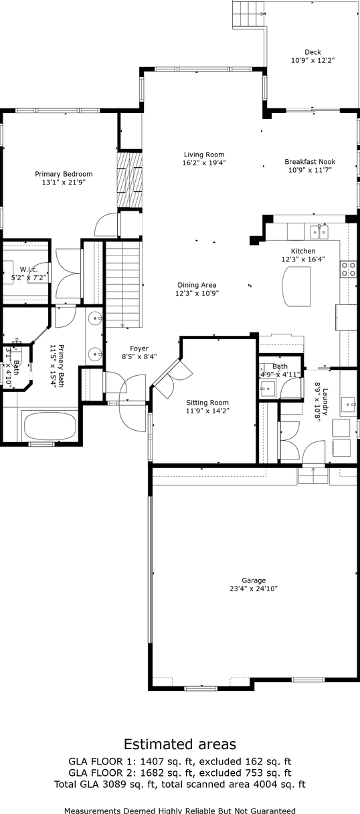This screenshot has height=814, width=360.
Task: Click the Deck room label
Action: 312,52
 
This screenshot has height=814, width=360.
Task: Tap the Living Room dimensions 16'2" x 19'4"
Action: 204,163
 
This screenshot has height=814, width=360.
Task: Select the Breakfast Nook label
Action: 310,162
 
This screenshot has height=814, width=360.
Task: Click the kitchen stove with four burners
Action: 348,269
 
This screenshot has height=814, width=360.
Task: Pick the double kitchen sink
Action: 319,232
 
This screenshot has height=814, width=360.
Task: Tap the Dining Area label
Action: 197,285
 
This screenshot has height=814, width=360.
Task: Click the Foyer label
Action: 139,348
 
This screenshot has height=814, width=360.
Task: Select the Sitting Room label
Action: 207,403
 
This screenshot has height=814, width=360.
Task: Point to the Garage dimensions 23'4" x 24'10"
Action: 254,589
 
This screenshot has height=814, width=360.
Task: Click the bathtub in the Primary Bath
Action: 51,425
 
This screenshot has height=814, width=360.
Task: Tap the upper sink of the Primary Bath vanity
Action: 95,318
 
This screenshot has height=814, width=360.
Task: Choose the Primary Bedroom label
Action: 64,174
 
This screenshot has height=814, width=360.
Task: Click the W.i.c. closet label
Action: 29,270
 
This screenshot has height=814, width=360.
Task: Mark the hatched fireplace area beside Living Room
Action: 129,180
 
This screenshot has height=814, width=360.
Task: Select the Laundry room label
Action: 325,401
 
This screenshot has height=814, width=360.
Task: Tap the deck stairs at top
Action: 248,14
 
